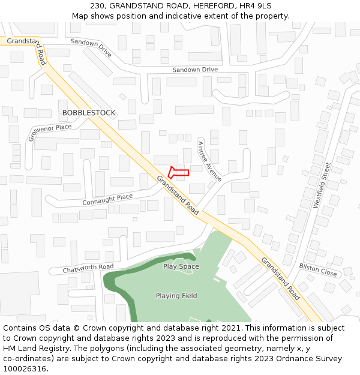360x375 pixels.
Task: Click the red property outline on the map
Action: point(178,173)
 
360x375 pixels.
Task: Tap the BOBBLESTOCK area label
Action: point(89,113)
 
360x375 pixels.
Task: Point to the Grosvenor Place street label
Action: point(50,133)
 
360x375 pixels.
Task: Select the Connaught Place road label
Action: point(107,199)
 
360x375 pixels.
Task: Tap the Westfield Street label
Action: point(322,185)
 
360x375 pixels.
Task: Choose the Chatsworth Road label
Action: point(88,268)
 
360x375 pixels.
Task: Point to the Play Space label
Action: point(181,266)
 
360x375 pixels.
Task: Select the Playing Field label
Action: point(176,296)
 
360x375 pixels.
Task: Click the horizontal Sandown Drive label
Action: point(195,70)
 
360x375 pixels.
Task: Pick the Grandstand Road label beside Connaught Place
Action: point(178,196)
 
